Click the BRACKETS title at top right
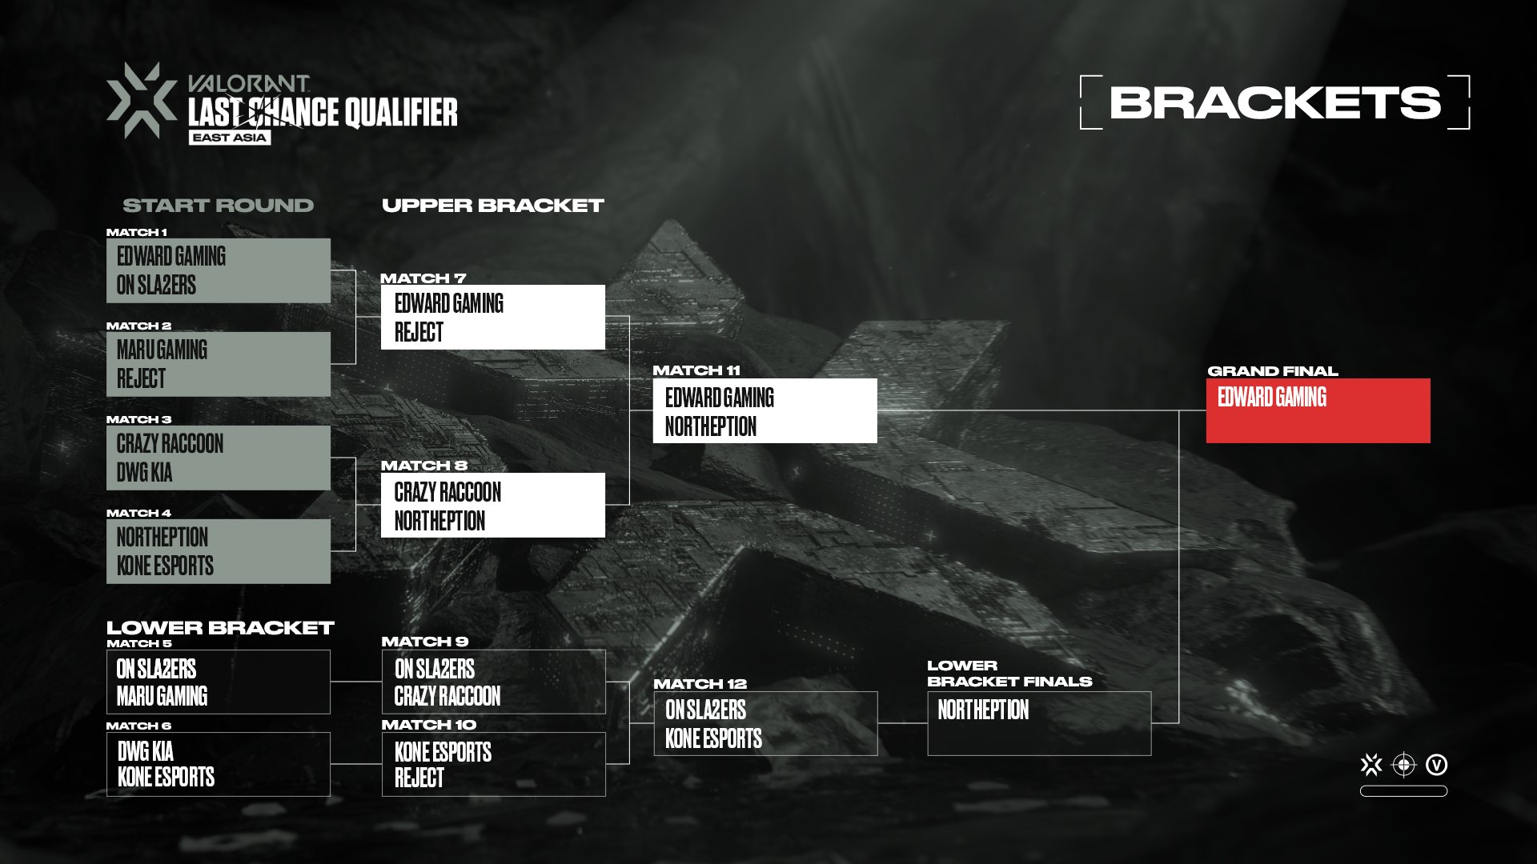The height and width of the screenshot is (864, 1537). (1274, 102)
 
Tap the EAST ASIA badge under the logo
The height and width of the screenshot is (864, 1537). (230, 138)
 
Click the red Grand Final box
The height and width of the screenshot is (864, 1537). (1318, 410)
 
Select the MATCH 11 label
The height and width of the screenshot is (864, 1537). (696, 370)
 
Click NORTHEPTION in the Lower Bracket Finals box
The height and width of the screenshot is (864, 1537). (983, 710)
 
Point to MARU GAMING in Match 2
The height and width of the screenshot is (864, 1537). (162, 350)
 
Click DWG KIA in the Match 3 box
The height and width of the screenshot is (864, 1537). (144, 473)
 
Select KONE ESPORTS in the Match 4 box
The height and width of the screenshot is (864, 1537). (165, 566)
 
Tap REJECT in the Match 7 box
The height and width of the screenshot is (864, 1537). (419, 332)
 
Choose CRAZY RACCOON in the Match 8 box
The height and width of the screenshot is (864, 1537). (447, 492)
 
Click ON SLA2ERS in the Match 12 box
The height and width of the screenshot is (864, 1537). (705, 710)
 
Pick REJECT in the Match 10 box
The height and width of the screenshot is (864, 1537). (419, 778)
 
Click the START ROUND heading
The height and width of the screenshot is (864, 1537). (218, 206)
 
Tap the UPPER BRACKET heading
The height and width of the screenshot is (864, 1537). (492, 206)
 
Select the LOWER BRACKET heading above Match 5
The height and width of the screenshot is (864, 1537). (220, 628)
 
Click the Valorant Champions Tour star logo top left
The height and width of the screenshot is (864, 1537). (142, 100)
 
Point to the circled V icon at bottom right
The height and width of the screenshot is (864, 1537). (1437, 766)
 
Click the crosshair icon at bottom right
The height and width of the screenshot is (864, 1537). (1403, 766)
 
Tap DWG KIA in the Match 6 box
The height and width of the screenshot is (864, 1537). (145, 751)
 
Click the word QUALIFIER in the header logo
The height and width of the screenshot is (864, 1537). (401, 113)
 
